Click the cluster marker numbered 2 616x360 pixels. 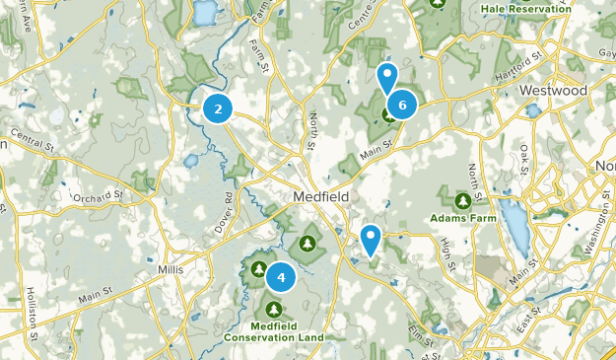click(x=218, y=108)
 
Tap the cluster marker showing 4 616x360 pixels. click(x=281, y=278)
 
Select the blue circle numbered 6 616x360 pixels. click(x=402, y=104)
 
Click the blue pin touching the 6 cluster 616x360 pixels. click(x=387, y=76)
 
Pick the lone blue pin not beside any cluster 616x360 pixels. click(x=371, y=239)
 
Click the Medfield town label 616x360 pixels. click(x=320, y=197)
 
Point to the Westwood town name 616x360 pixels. click(x=553, y=91)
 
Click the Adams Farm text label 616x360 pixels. click(x=462, y=218)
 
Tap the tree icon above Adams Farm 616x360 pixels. click(x=462, y=200)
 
